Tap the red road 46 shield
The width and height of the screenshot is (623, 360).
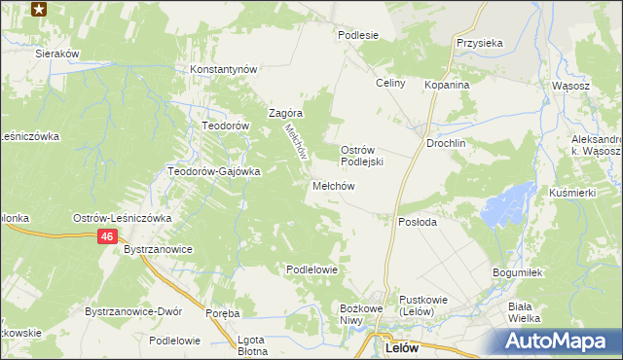coord(108,237)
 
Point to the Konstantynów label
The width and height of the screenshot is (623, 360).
coord(223,70)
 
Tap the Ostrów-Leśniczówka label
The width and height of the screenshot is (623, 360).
coord(123,218)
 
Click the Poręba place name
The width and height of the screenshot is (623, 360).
coord(223,313)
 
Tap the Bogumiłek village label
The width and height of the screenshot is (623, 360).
coord(516,272)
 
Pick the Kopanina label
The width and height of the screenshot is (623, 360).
coord(447,85)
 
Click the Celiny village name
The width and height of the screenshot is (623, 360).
coord(390,84)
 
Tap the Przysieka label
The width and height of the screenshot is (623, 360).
coord(479,43)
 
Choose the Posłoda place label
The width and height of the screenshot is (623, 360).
coord(418,222)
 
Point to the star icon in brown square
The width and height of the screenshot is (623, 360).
coord(39,10)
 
